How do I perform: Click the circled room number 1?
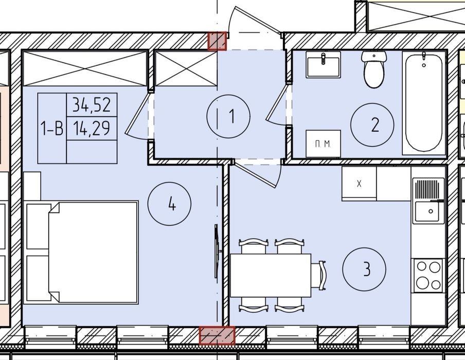[x=228, y=116]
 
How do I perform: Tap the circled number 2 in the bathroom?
[x=372, y=125]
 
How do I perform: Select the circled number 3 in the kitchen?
[x=364, y=269]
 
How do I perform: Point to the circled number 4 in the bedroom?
[x=169, y=204]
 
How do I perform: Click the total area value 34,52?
[x=92, y=105]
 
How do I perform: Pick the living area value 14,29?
[x=92, y=129]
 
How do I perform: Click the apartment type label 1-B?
[x=52, y=129]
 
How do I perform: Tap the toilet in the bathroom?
[x=374, y=69]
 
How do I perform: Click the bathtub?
[x=424, y=103]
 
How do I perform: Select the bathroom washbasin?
[x=323, y=64]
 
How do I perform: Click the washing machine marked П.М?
[x=323, y=143]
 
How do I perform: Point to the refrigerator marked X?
[x=359, y=184]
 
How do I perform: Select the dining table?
[x=271, y=275]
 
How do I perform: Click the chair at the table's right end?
[x=319, y=276]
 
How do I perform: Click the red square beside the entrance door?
[x=217, y=41]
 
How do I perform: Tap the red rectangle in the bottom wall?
[x=217, y=335]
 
